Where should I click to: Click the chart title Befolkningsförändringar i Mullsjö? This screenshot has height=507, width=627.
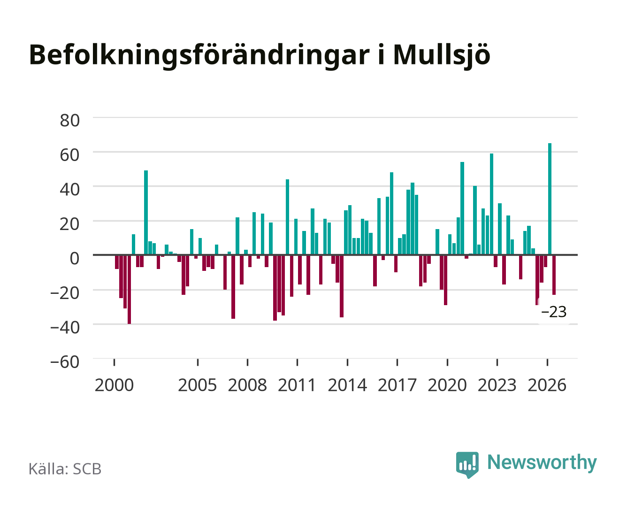260,56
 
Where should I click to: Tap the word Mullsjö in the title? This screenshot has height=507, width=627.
442,56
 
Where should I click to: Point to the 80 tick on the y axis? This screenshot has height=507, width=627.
70,121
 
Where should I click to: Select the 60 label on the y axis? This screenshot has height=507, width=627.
70,155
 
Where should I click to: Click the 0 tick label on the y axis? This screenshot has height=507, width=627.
75,258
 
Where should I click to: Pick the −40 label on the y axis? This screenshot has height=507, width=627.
65,327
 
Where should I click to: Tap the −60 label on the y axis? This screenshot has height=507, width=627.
65,362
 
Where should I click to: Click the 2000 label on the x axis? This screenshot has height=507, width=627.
114,385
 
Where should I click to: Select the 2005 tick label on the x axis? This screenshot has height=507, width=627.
198,385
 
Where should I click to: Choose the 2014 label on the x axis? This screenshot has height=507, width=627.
347,385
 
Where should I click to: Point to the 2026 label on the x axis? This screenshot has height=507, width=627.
547,385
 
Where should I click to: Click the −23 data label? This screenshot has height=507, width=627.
554,312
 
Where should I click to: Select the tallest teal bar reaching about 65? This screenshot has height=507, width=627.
550,199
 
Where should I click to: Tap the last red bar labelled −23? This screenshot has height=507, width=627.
554,275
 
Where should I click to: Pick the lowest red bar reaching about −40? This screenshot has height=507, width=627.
129,290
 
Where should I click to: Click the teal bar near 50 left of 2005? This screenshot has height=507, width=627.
145,212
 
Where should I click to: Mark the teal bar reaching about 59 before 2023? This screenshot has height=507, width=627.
491,204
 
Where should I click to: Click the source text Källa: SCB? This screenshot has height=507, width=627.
65,469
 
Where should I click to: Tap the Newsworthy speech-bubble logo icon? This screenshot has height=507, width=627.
467,465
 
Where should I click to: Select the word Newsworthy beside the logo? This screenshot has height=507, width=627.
542,463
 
